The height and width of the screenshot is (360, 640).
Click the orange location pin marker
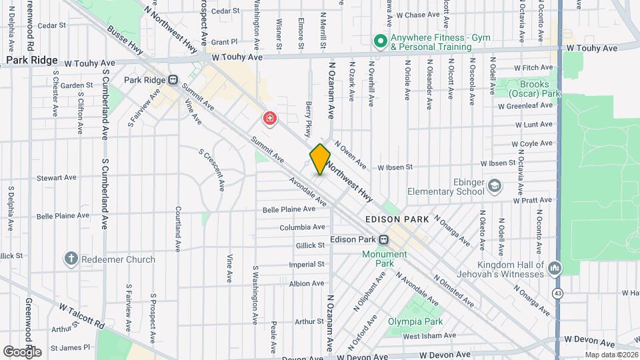(320, 159)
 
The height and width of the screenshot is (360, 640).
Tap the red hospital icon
(269, 119)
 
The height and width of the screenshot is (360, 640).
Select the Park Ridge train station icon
(173, 80)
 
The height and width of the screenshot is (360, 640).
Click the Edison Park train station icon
(384, 240)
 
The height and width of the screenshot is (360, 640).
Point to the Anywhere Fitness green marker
(380, 42)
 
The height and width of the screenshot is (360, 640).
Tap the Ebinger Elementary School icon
(494, 185)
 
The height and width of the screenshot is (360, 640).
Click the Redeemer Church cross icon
(71, 259)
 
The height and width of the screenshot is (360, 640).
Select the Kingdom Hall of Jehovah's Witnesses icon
(555, 269)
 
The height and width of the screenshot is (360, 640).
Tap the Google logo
(22, 351)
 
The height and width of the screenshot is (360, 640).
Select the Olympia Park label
(415, 321)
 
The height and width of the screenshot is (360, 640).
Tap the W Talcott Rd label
(83, 316)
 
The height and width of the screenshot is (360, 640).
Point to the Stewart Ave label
(57, 178)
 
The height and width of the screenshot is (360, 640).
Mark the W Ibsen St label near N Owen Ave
(396, 167)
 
